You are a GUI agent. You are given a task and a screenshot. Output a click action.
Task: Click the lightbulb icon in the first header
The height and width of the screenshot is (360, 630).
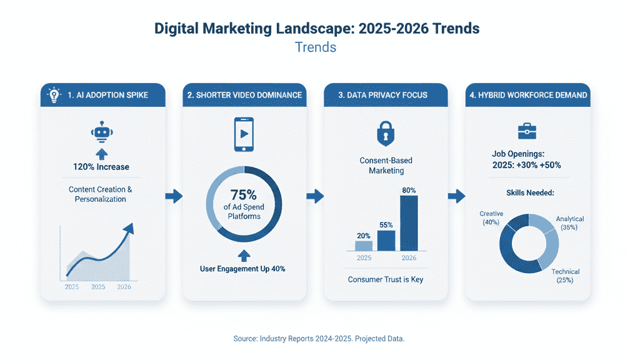tap(54, 95)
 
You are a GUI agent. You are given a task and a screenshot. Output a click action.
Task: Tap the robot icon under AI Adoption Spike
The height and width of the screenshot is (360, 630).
tap(100, 132)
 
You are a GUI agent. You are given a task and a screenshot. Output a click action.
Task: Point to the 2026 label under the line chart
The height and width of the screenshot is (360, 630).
tap(124, 287)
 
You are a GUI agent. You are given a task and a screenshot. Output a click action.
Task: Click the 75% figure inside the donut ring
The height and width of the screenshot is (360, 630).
tap(243, 195)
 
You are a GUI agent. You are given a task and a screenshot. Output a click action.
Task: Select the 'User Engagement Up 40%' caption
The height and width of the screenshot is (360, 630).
tap(243, 269)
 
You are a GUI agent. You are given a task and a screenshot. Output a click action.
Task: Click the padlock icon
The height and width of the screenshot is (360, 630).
tap(385, 134)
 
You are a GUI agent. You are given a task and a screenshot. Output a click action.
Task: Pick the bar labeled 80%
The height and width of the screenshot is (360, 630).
tap(408, 222)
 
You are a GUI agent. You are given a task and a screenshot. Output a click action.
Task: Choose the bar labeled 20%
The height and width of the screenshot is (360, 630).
tap(363, 246)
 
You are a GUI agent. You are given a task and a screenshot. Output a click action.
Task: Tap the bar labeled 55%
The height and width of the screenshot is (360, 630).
tap(386, 240)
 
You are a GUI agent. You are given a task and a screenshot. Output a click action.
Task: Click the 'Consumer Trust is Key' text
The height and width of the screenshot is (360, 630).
tap(385, 279)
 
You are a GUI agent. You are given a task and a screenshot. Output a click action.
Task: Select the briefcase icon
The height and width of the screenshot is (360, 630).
tap(527, 131)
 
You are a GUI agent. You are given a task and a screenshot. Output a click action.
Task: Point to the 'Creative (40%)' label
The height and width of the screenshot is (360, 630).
tap(491, 217)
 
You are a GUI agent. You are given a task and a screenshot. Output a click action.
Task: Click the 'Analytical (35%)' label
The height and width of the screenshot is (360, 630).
tap(569, 223)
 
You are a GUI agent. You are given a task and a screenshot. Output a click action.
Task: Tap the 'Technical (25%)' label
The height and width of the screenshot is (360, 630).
tap(565, 276)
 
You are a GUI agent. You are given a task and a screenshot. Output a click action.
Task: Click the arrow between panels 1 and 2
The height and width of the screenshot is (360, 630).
tap(174, 196)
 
